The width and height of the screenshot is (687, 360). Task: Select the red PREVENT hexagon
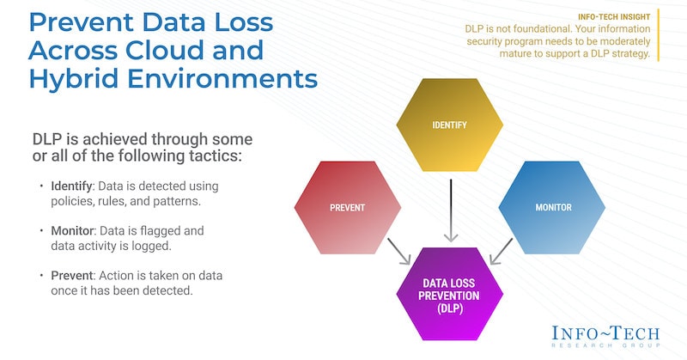click(x=348, y=207)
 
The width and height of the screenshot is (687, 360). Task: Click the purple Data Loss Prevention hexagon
click(x=449, y=294)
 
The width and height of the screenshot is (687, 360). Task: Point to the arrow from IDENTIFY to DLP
click(x=448, y=210)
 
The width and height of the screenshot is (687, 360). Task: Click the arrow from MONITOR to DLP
click(x=503, y=251)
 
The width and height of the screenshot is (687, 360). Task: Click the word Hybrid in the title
click(x=79, y=79)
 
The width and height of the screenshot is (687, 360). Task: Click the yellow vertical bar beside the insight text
click(x=660, y=35)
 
